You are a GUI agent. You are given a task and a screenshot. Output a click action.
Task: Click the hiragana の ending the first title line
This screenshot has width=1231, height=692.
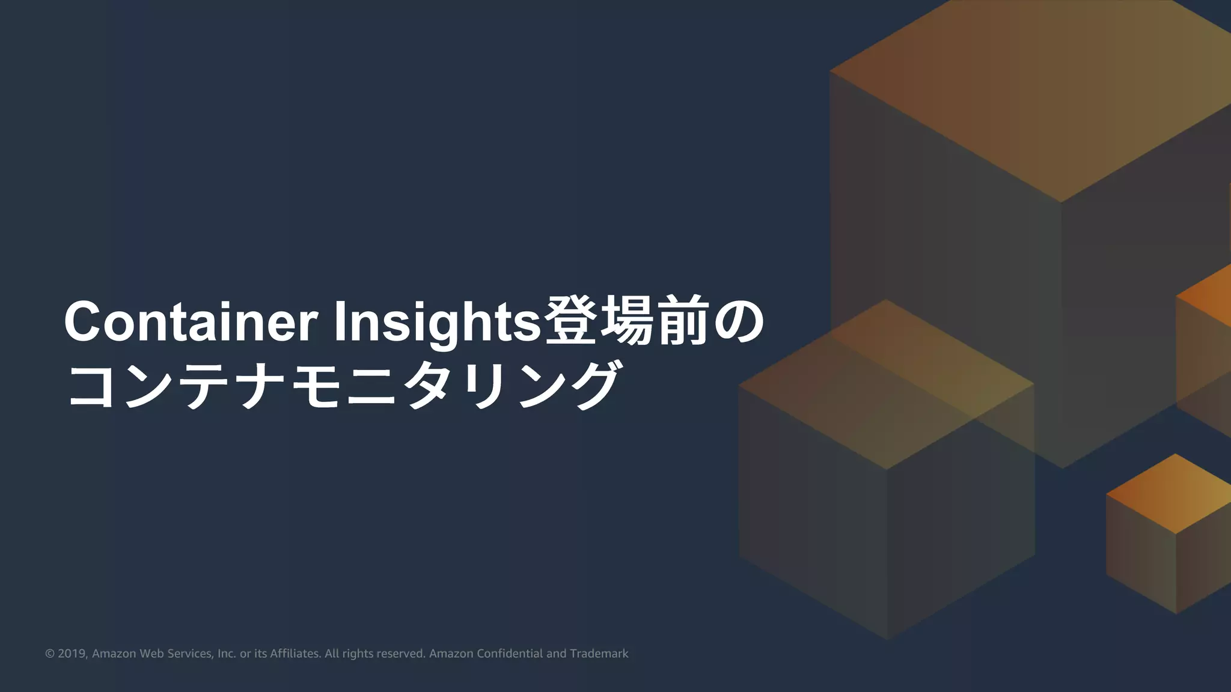pyautogui.click(x=738, y=322)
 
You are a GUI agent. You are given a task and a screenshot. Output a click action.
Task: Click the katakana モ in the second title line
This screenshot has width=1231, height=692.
pyautogui.click(x=316, y=385)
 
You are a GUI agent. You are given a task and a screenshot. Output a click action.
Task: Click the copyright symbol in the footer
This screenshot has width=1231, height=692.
pyautogui.click(x=50, y=654)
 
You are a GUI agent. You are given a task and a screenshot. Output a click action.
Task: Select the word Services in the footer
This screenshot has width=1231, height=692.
pyautogui.click(x=189, y=654)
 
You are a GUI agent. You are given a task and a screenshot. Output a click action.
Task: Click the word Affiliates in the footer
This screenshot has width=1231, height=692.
pyautogui.click(x=295, y=654)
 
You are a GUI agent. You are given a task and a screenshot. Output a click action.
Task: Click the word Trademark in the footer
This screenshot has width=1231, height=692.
pyautogui.click(x=599, y=654)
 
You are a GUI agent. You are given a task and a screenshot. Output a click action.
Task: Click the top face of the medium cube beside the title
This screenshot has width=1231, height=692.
pyautogui.click(x=886, y=384)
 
